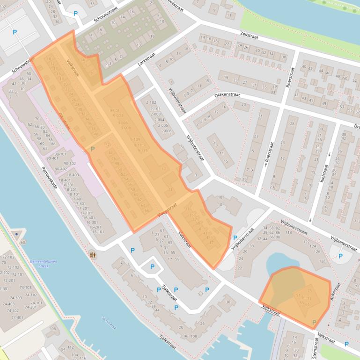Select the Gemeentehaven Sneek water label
(43, 264)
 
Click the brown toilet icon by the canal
(93, 255)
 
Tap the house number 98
(53, 329)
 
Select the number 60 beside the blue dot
(23, 242)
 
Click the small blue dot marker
(16, 233)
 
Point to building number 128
(322, 261)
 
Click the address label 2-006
(167, 131)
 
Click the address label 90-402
(60, 169)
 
